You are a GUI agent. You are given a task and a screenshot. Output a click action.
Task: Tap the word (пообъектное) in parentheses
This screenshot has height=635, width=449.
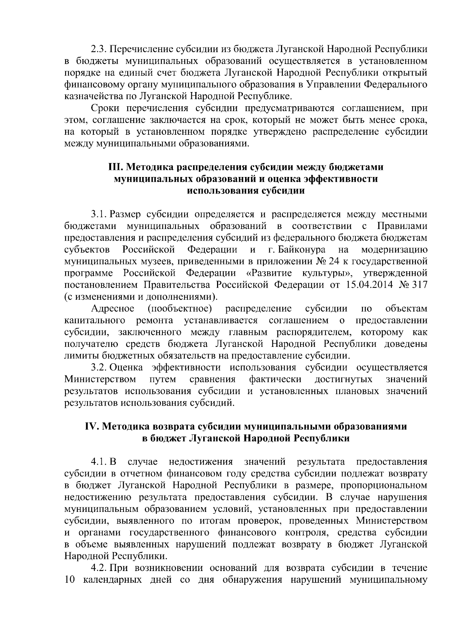[x=180, y=309]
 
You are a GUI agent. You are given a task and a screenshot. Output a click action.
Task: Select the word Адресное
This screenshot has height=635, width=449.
[x=113, y=309]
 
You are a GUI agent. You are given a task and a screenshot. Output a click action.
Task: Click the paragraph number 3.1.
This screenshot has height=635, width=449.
[x=99, y=214]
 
